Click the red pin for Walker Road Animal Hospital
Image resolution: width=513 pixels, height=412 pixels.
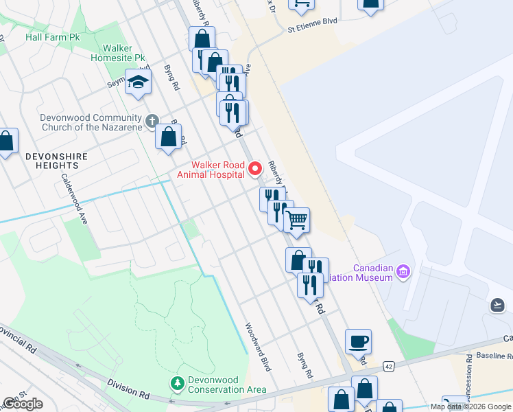256,168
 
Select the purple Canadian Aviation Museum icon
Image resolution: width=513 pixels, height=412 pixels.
403,273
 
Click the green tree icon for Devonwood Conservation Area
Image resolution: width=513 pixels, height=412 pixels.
178,382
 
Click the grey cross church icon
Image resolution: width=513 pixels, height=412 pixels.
152,121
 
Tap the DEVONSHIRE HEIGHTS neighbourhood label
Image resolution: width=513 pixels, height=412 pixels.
57,161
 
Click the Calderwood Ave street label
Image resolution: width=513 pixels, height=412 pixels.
75,198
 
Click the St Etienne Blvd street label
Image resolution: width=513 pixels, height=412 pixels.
313,21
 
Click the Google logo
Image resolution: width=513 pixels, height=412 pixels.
22,404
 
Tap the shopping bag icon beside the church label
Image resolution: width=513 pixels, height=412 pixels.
169,136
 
